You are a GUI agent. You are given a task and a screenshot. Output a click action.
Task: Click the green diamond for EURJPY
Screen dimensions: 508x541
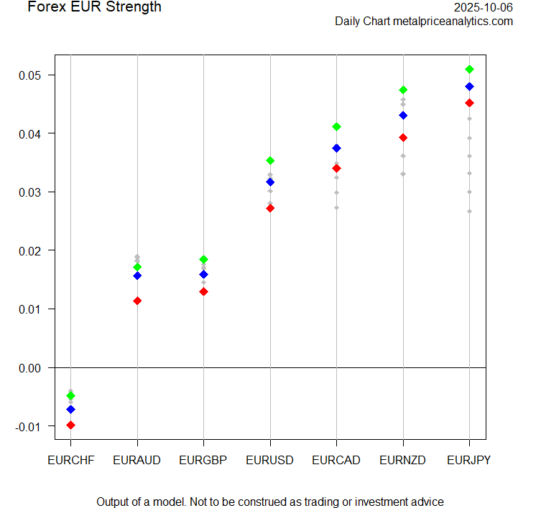(x=469, y=70)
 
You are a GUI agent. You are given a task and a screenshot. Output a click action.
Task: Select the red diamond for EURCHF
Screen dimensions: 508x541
(x=70, y=425)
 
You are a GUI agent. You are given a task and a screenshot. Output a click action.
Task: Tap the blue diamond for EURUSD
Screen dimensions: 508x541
(x=270, y=182)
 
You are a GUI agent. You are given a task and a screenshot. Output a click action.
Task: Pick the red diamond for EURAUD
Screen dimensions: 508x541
(x=137, y=301)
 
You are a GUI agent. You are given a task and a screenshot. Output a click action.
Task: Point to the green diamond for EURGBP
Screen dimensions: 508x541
(x=203, y=260)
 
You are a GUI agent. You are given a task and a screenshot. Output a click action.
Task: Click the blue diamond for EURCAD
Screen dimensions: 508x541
(x=336, y=149)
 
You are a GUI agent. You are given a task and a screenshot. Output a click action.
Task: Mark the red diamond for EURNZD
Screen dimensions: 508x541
(x=403, y=138)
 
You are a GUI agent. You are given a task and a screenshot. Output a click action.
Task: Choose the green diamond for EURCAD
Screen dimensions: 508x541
(x=336, y=127)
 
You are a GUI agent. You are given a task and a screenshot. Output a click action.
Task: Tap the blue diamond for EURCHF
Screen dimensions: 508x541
(x=70, y=410)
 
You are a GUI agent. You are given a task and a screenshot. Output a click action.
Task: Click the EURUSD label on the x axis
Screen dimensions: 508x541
(x=269, y=460)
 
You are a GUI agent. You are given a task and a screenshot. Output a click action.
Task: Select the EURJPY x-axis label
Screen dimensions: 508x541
(x=469, y=460)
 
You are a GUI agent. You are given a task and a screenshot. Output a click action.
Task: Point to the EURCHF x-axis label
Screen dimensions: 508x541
(x=70, y=460)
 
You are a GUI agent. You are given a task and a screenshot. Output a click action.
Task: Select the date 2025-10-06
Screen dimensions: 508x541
(x=484, y=7)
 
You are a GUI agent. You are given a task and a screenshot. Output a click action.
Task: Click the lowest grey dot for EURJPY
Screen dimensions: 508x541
(x=469, y=211)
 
